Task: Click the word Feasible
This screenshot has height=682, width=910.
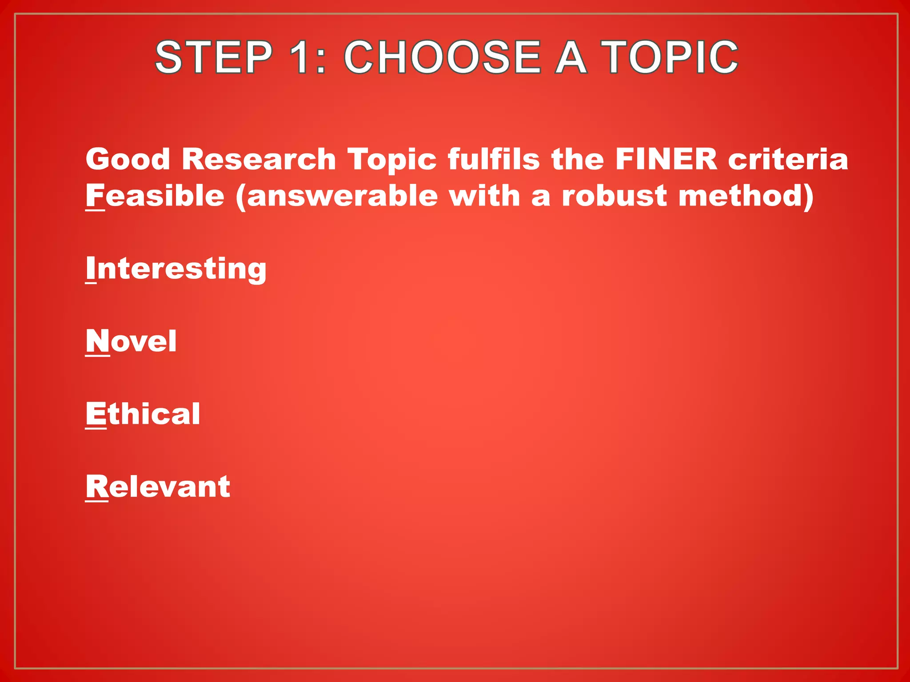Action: click(155, 196)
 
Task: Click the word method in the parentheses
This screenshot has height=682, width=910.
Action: click(742, 196)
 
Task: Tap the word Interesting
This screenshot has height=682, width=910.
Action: click(176, 269)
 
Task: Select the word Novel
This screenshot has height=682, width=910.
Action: click(131, 341)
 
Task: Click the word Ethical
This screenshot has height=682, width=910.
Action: click(143, 414)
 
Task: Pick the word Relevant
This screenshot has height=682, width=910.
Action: click(158, 487)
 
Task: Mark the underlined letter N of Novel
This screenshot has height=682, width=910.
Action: click(97, 341)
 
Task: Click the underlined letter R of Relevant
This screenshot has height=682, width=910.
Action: click(96, 487)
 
